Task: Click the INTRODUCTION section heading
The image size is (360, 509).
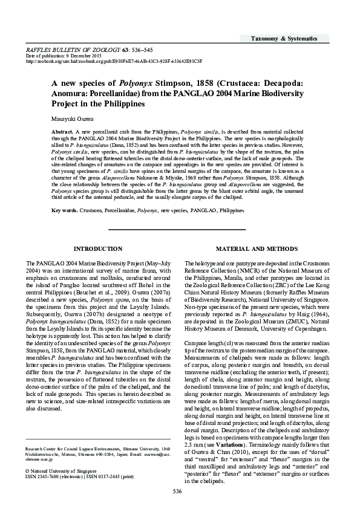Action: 97,249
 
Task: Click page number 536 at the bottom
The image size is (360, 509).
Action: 177,491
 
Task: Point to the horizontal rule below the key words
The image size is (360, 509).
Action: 176,230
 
